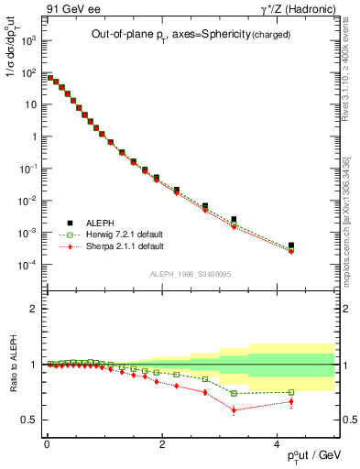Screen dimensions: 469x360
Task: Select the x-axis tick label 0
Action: pyautogui.click(x=46, y=443)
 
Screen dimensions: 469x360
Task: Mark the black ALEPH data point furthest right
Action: pyautogui.click(x=290, y=245)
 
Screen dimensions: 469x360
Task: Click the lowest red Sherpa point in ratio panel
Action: pyautogui.click(x=235, y=409)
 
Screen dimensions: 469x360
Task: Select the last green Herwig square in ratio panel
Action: pyautogui.click(x=290, y=392)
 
